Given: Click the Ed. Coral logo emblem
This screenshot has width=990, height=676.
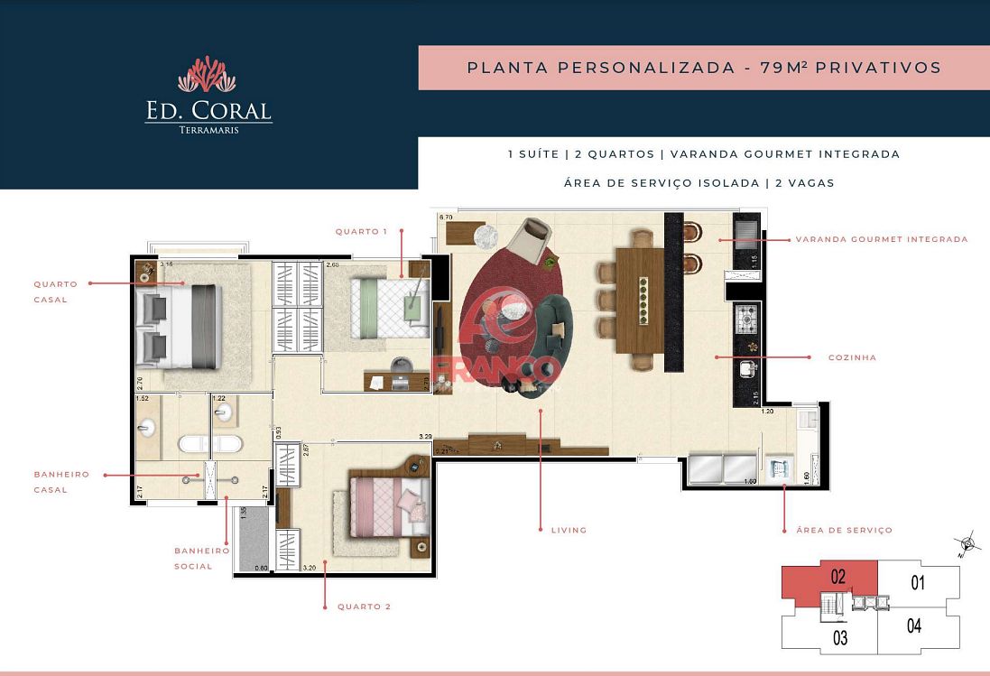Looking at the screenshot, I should pos(207,75).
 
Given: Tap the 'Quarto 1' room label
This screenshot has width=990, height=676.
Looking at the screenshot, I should pos(361,232).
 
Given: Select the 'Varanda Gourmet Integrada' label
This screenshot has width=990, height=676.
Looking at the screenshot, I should pos(881,240).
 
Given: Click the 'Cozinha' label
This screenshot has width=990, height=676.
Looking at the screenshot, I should pos(852,357).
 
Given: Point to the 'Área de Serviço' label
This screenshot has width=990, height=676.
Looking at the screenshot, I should pos(844,530).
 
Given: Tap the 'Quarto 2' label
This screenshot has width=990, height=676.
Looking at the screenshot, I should pos(364,607).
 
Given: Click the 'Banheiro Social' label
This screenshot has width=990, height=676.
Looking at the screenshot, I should pos(202,558).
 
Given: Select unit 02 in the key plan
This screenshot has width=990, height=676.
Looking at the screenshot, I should pos(837,578).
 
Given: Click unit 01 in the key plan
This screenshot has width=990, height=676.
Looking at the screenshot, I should pos(918,583).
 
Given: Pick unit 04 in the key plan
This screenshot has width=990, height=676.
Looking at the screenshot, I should pos(913,625).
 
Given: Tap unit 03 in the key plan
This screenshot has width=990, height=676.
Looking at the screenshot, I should pos(840,639).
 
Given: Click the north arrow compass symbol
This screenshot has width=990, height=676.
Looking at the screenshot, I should pos(969,543).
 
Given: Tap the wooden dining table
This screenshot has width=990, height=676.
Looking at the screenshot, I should pos(640,300).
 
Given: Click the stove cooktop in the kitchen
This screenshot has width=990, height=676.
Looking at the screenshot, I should pos(748,318).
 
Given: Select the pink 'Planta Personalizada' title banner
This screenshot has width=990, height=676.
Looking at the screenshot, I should pos(704,68).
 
